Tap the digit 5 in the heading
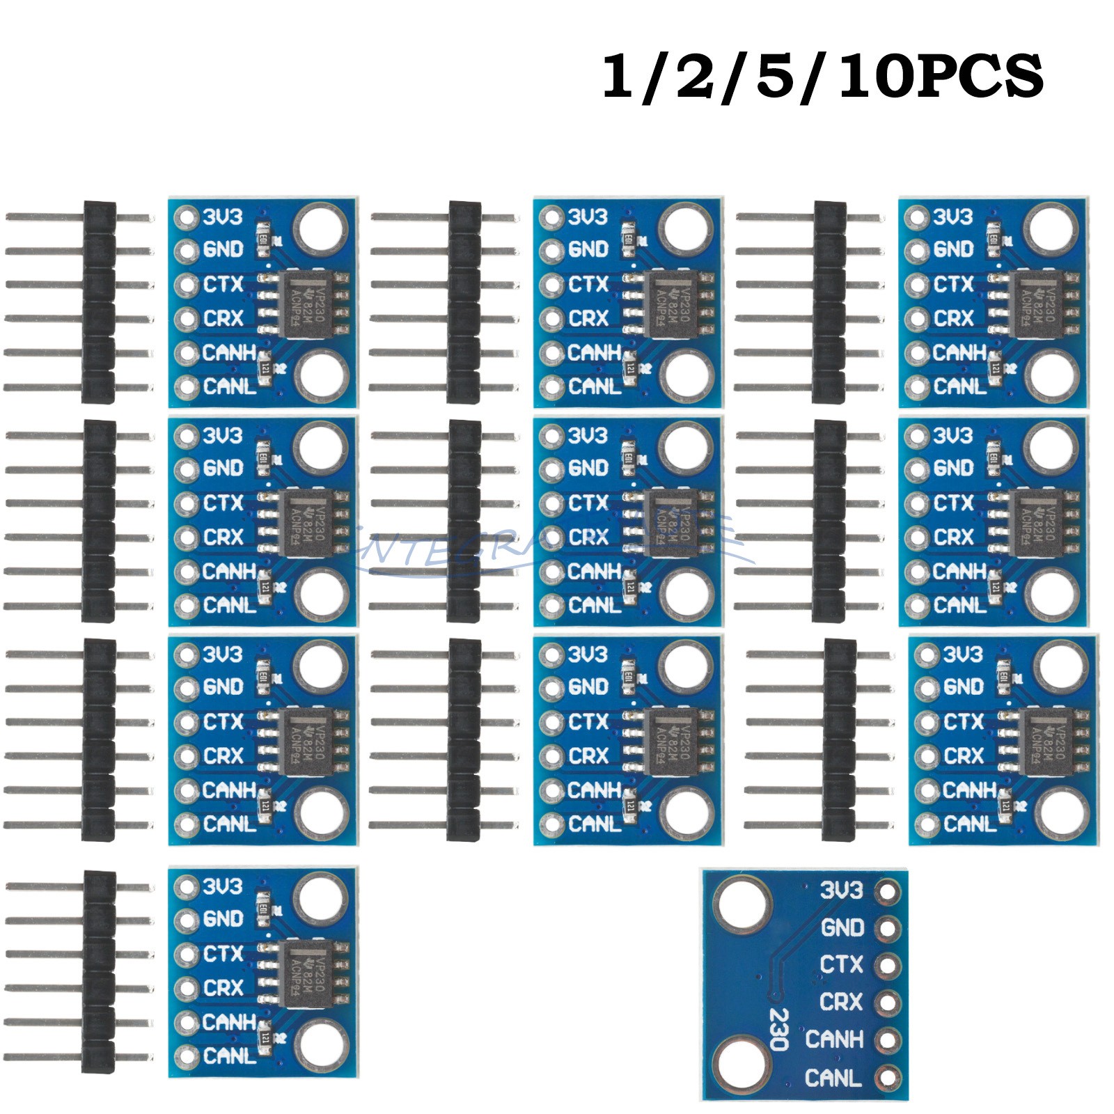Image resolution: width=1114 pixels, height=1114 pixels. click(x=775, y=77)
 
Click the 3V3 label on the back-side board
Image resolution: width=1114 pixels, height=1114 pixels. click(x=841, y=891)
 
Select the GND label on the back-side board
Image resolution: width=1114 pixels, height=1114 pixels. click(x=842, y=928)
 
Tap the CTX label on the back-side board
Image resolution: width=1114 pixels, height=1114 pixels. click(x=841, y=965)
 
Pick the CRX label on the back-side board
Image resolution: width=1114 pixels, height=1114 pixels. click(x=841, y=1002)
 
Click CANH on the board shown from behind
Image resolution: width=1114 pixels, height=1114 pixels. click(x=834, y=1040)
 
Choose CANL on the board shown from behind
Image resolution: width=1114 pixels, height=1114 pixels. click(x=833, y=1078)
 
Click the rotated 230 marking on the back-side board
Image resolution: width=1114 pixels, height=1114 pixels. click(x=777, y=1029)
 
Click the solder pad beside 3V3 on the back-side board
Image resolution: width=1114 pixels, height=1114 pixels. click(x=888, y=891)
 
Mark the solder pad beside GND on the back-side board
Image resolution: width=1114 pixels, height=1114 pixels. click(x=888, y=928)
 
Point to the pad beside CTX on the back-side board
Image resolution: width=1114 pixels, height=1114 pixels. click(x=888, y=966)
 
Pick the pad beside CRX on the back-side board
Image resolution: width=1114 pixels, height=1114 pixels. click(x=888, y=1003)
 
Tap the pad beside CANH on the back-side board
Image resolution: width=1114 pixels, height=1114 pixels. click(x=888, y=1040)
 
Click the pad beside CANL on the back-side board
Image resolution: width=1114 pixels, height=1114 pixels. click(x=888, y=1078)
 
